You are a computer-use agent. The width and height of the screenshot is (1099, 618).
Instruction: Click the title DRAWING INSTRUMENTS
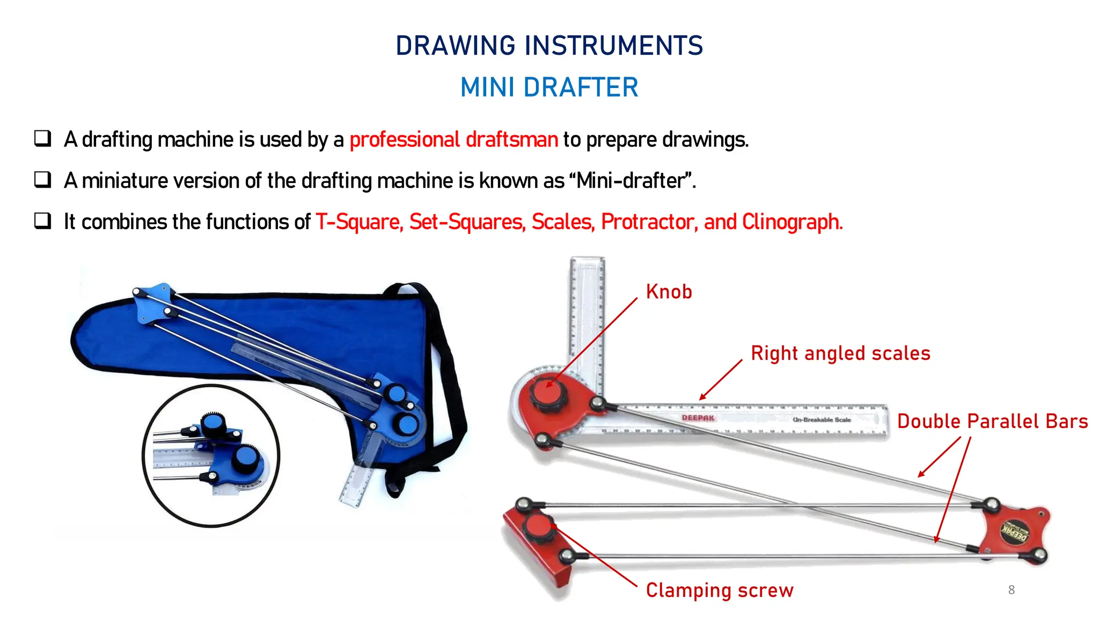coord(549,46)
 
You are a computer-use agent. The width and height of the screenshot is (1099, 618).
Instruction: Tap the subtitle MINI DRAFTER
coord(549,87)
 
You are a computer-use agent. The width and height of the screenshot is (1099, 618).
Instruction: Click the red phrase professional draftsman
coord(453,139)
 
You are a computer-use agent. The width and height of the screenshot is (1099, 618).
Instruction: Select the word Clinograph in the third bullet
coord(792,222)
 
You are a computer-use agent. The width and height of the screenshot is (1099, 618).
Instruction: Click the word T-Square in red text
coord(358,222)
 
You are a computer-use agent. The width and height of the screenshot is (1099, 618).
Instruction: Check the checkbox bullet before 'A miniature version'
coord(43,180)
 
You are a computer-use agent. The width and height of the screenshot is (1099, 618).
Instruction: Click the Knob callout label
coord(669,292)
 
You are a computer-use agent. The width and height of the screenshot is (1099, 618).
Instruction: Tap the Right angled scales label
coord(840,354)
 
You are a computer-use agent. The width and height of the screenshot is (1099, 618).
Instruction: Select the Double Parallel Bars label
coord(992,422)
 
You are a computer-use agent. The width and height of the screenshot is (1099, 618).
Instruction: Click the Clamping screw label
coord(719,590)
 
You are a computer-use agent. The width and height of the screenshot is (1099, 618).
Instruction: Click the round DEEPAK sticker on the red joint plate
coord(1014,532)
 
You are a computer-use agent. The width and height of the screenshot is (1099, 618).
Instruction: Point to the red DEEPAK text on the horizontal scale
coord(698,418)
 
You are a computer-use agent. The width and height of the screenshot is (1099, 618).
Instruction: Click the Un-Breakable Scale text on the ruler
coord(822,420)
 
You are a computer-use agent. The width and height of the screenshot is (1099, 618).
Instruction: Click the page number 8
coord(1011,590)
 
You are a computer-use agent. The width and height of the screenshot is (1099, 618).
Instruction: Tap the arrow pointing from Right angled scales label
coord(721,380)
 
